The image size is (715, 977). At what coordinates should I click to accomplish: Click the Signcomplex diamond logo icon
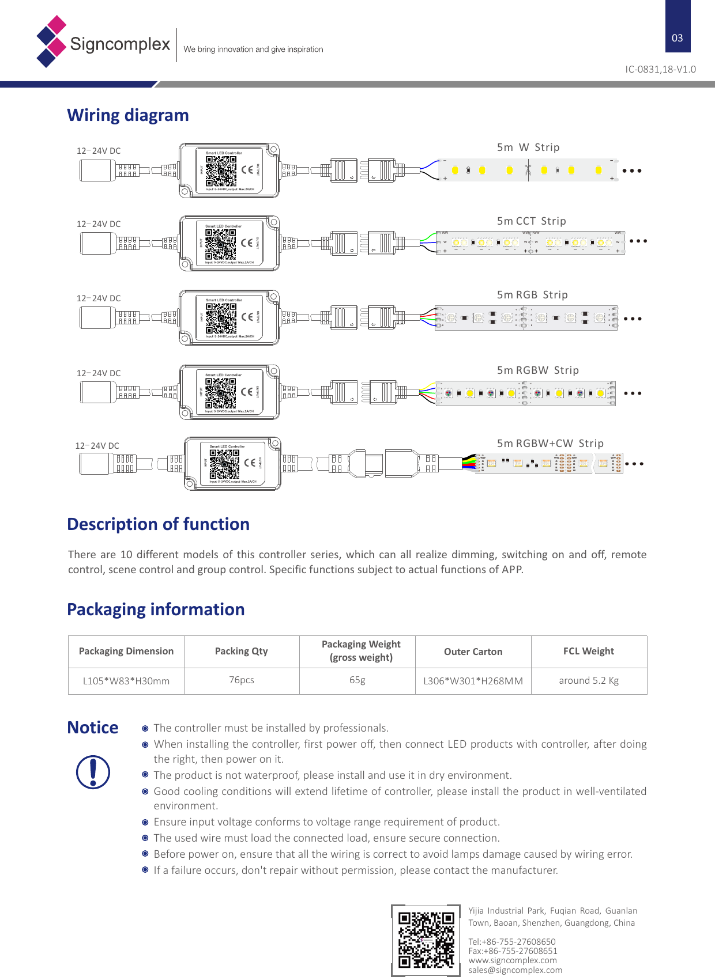51,41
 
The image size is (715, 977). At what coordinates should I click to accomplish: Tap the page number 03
678,38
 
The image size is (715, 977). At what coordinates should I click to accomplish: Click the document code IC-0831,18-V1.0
660,69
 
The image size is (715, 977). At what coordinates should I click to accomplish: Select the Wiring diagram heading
128,115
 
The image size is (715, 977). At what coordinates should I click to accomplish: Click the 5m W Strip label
528,147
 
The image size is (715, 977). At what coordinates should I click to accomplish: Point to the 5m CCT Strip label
531,221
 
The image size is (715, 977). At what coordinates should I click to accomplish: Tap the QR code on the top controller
221,171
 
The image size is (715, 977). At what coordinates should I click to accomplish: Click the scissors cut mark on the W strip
528,170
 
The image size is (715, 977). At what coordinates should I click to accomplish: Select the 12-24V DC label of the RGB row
99,298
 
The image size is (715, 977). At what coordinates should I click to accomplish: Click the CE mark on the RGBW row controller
247,392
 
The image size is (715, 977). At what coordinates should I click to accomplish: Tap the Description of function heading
158,524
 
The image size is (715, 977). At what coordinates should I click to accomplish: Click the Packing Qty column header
241,652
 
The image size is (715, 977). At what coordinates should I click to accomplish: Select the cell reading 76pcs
241,680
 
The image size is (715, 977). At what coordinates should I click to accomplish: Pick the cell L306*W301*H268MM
473,681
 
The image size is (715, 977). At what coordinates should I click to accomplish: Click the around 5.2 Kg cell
588,681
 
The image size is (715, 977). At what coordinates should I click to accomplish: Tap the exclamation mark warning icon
93,772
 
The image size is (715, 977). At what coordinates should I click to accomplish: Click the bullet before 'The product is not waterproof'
145,775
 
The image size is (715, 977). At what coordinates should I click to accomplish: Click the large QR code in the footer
426,940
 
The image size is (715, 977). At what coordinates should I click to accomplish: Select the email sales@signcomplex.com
515,970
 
